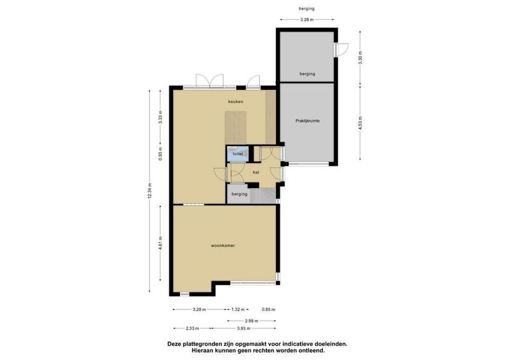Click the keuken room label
(235, 101)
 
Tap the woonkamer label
(222, 245)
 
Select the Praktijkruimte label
(307, 121)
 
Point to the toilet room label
(237, 154)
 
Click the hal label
(256, 172)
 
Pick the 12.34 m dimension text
(149, 190)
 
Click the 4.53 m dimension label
(360, 123)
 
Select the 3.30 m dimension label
(360, 58)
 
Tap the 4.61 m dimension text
(160, 243)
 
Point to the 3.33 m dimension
(160, 117)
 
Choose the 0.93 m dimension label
(160, 154)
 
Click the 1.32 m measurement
(237, 309)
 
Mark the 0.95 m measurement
(268, 309)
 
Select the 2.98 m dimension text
(251, 321)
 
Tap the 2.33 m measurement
(192, 328)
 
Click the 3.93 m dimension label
(243, 328)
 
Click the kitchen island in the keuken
(235, 128)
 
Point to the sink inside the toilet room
(232, 149)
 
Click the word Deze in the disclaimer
(174, 344)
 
